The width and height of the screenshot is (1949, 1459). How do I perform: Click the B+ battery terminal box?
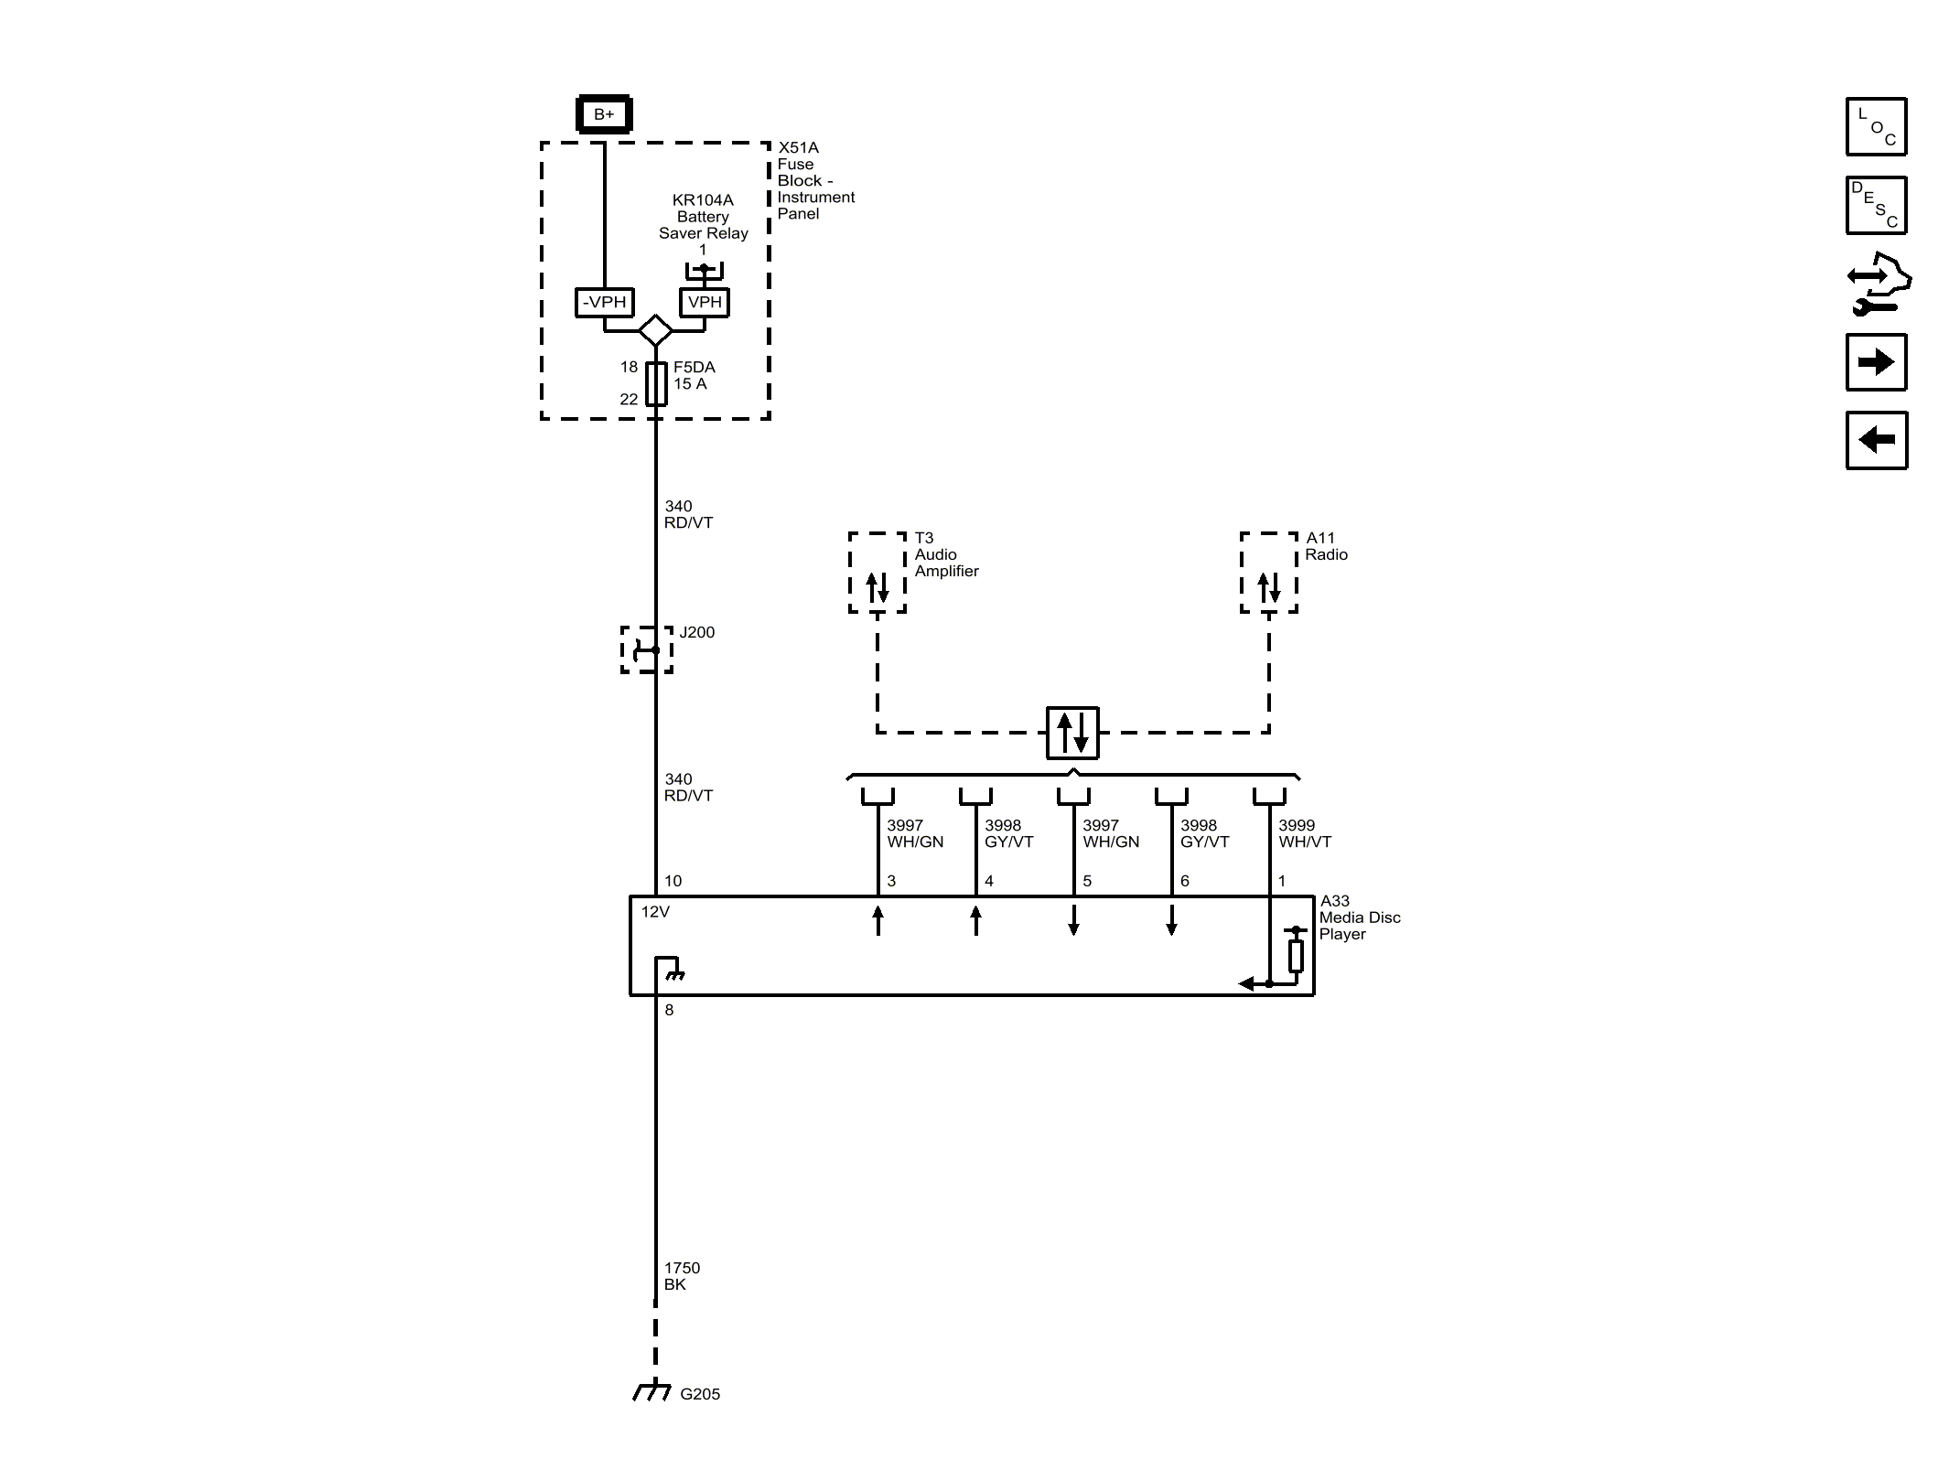pyautogui.click(x=604, y=114)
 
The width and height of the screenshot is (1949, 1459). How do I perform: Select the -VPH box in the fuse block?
pyautogui.click(x=605, y=302)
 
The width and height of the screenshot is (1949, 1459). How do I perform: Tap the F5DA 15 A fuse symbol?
pyautogui.click(x=656, y=383)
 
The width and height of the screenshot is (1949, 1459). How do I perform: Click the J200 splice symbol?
pyautogui.click(x=647, y=650)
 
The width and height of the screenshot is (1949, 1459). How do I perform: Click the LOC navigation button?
pyautogui.click(x=1876, y=126)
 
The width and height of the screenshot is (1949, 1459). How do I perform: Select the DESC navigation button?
pyautogui.click(x=1876, y=205)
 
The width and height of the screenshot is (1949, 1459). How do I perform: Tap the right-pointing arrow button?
pyautogui.click(x=1876, y=362)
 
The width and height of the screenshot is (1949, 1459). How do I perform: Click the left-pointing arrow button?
pyautogui.click(x=1876, y=440)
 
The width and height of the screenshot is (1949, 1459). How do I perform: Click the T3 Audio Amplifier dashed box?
pyautogui.click(x=877, y=573)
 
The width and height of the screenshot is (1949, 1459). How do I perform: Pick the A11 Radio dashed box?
pyautogui.click(x=1268, y=573)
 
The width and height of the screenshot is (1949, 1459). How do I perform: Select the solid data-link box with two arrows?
pyautogui.click(x=1072, y=733)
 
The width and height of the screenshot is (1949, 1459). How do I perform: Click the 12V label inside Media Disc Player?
pyautogui.click(x=655, y=912)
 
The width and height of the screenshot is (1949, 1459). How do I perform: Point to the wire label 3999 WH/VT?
pyautogui.click(x=1305, y=833)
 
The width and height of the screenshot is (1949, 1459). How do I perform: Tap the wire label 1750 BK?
pyautogui.click(x=682, y=1276)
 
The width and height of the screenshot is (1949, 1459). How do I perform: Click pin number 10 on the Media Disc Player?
pyautogui.click(x=673, y=881)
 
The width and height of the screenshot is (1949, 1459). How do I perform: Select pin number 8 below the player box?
pyautogui.click(x=669, y=1010)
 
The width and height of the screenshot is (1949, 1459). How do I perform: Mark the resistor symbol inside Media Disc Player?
pyautogui.click(x=1296, y=955)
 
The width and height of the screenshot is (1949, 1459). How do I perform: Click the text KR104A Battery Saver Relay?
pyautogui.click(x=703, y=217)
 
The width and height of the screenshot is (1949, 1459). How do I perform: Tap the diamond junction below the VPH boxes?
pyautogui.click(x=655, y=330)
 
